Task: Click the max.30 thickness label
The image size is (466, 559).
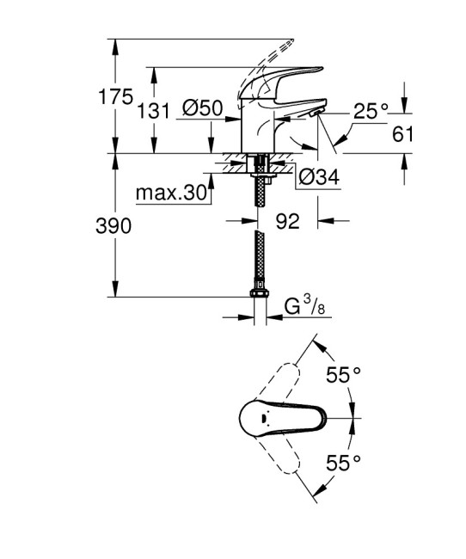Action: point(172,193)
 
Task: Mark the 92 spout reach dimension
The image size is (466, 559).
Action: point(287,221)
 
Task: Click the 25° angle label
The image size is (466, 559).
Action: point(371,109)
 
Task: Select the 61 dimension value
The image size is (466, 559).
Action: point(403,133)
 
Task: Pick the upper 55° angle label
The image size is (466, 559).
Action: point(342,375)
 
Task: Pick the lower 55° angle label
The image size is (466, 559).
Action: point(342,464)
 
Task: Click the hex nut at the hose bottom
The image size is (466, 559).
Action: point(257,297)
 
